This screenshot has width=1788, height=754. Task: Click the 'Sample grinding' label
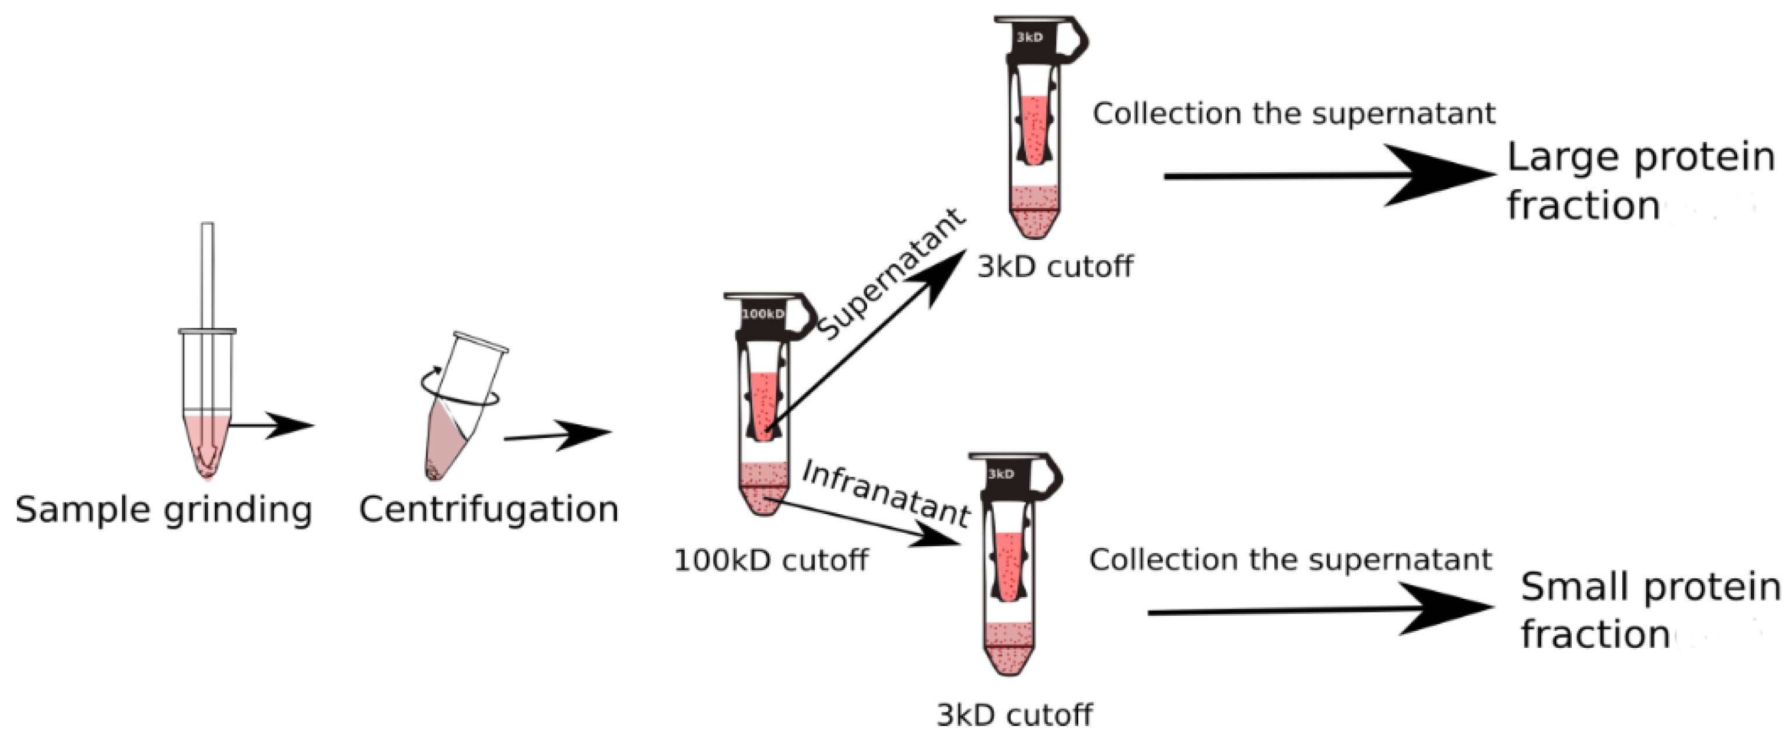[164, 510]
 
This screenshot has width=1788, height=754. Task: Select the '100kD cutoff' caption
[770, 560]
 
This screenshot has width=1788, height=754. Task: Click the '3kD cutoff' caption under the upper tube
[1055, 267]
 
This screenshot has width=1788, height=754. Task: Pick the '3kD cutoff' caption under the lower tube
[1014, 715]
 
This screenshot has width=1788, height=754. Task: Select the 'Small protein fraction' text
[1649, 611]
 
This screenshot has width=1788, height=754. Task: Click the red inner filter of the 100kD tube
[763, 406]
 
